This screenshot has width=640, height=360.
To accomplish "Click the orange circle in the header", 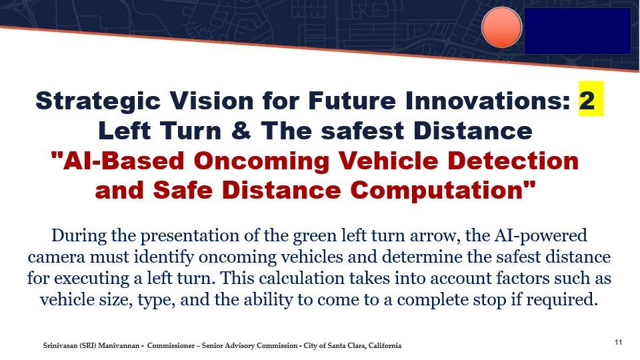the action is pyautogui.click(x=501, y=27).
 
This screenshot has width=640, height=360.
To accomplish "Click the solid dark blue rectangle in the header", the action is pyautogui.click(x=577, y=31).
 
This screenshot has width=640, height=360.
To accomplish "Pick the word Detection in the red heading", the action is pyautogui.click(x=513, y=161).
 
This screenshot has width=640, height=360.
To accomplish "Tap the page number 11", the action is pyautogui.click(x=619, y=342).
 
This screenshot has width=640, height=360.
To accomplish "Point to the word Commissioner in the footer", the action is pyautogui.click(x=171, y=346).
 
